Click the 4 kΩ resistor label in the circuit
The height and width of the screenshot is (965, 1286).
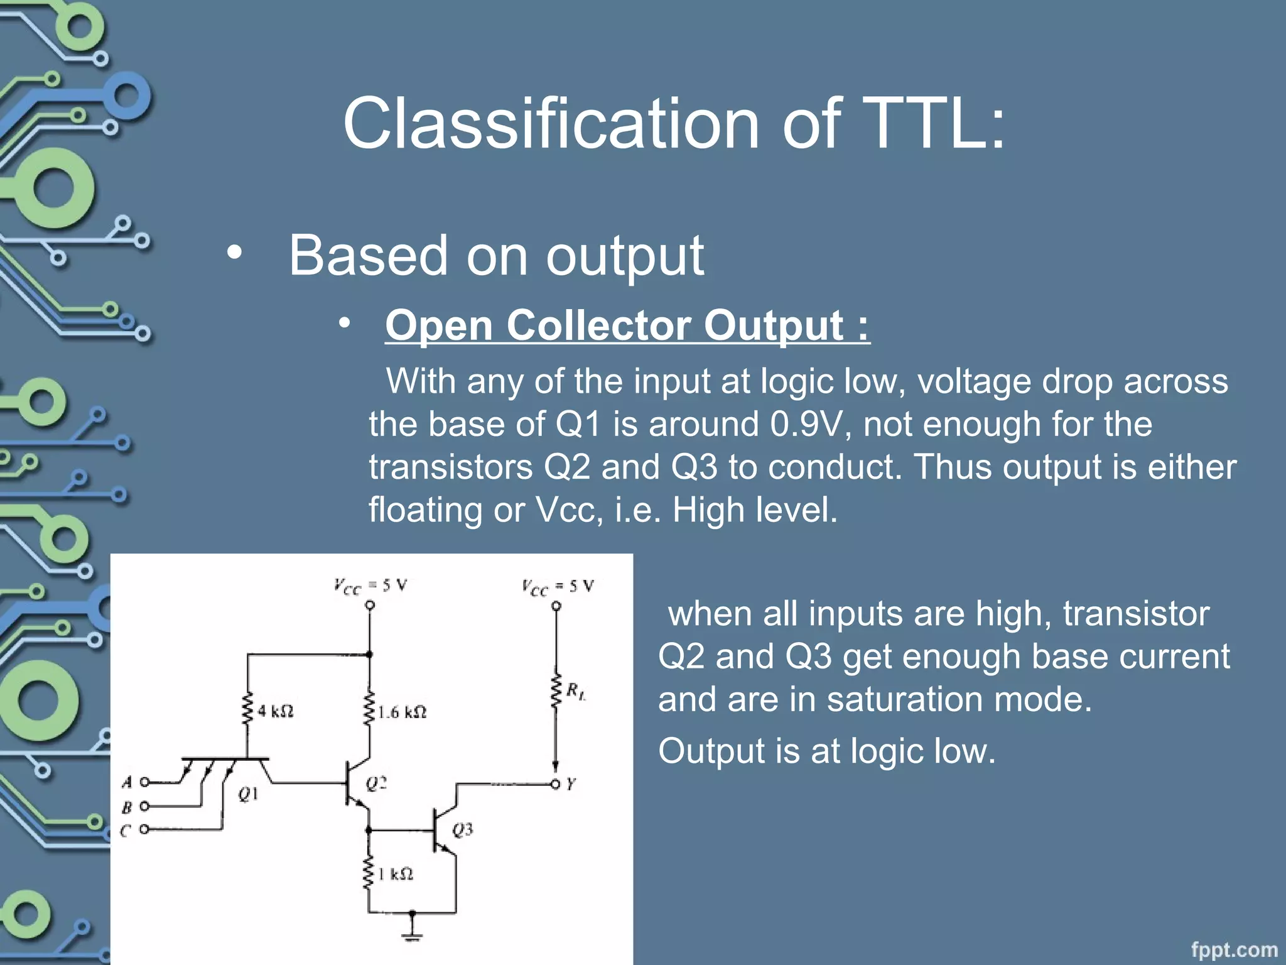(x=275, y=711)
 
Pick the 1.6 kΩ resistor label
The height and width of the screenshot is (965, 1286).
(x=402, y=712)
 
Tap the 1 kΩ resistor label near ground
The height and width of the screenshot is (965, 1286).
(x=396, y=874)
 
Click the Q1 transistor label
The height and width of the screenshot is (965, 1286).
(x=248, y=795)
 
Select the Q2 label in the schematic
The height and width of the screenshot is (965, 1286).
(x=376, y=783)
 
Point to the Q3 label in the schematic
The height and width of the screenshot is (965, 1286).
(x=462, y=830)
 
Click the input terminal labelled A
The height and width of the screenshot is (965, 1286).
(x=144, y=782)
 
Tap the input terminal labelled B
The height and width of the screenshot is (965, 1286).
(x=144, y=806)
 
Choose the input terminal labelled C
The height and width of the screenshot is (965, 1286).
(x=144, y=829)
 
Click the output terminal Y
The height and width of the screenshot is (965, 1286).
(x=555, y=784)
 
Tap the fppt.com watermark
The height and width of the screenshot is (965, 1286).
(x=1234, y=949)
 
